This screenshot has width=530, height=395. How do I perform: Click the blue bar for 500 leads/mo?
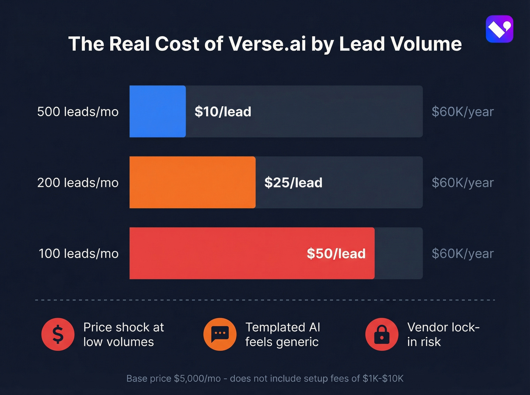(157, 112)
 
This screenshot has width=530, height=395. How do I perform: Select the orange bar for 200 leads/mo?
(192, 182)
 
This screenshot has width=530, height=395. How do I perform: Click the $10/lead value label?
(223, 112)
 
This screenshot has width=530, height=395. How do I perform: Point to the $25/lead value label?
(293, 183)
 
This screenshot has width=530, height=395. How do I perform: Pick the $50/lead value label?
(336, 253)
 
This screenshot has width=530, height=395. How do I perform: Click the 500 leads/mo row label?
(78, 112)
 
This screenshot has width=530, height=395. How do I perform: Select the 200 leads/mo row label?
(78, 183)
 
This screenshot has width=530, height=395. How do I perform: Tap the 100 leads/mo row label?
(79, 253)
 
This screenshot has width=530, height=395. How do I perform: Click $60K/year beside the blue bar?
(463, 112)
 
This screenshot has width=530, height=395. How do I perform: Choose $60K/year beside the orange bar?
(463, 183)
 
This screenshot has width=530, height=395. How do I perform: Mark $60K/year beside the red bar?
(463, 253)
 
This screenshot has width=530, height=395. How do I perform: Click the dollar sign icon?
(58, 334)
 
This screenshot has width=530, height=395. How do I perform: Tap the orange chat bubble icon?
(220, 334)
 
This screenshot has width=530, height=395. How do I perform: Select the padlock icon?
(382, 334)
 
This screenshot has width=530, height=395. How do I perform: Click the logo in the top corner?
(499, 29)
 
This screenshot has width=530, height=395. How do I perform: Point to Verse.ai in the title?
(267, 44)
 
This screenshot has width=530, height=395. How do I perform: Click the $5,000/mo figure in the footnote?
(197, 378)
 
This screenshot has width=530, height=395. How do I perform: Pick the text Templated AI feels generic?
(282, 334)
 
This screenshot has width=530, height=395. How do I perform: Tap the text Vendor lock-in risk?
(443, 334)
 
